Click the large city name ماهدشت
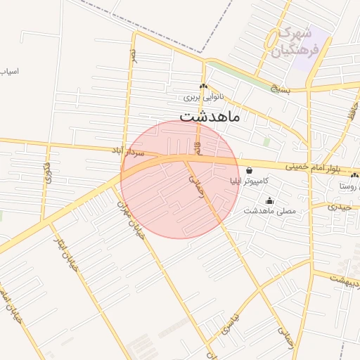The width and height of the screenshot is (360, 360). (210, 116)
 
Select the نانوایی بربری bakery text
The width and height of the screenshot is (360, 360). (202, 98)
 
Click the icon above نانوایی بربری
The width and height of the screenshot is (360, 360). (203, 87)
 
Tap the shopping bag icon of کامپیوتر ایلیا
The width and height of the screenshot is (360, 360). (250, 169)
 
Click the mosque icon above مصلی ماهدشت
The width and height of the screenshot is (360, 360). (269, 200)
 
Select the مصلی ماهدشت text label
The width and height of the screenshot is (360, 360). (270, 211)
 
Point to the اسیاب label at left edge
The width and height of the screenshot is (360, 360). (8, 72)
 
